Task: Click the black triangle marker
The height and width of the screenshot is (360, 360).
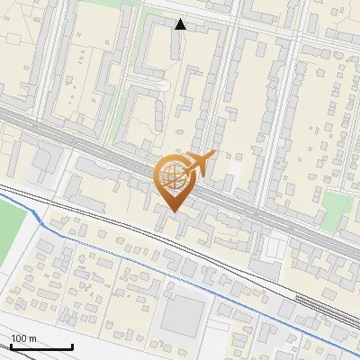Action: [x=180, y=24]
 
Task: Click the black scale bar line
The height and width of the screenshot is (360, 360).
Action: [x=40, y=346]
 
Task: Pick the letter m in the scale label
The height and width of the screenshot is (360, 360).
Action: [x=32, y=338]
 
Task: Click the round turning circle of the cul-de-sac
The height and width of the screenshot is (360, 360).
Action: [x=163, y=85]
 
